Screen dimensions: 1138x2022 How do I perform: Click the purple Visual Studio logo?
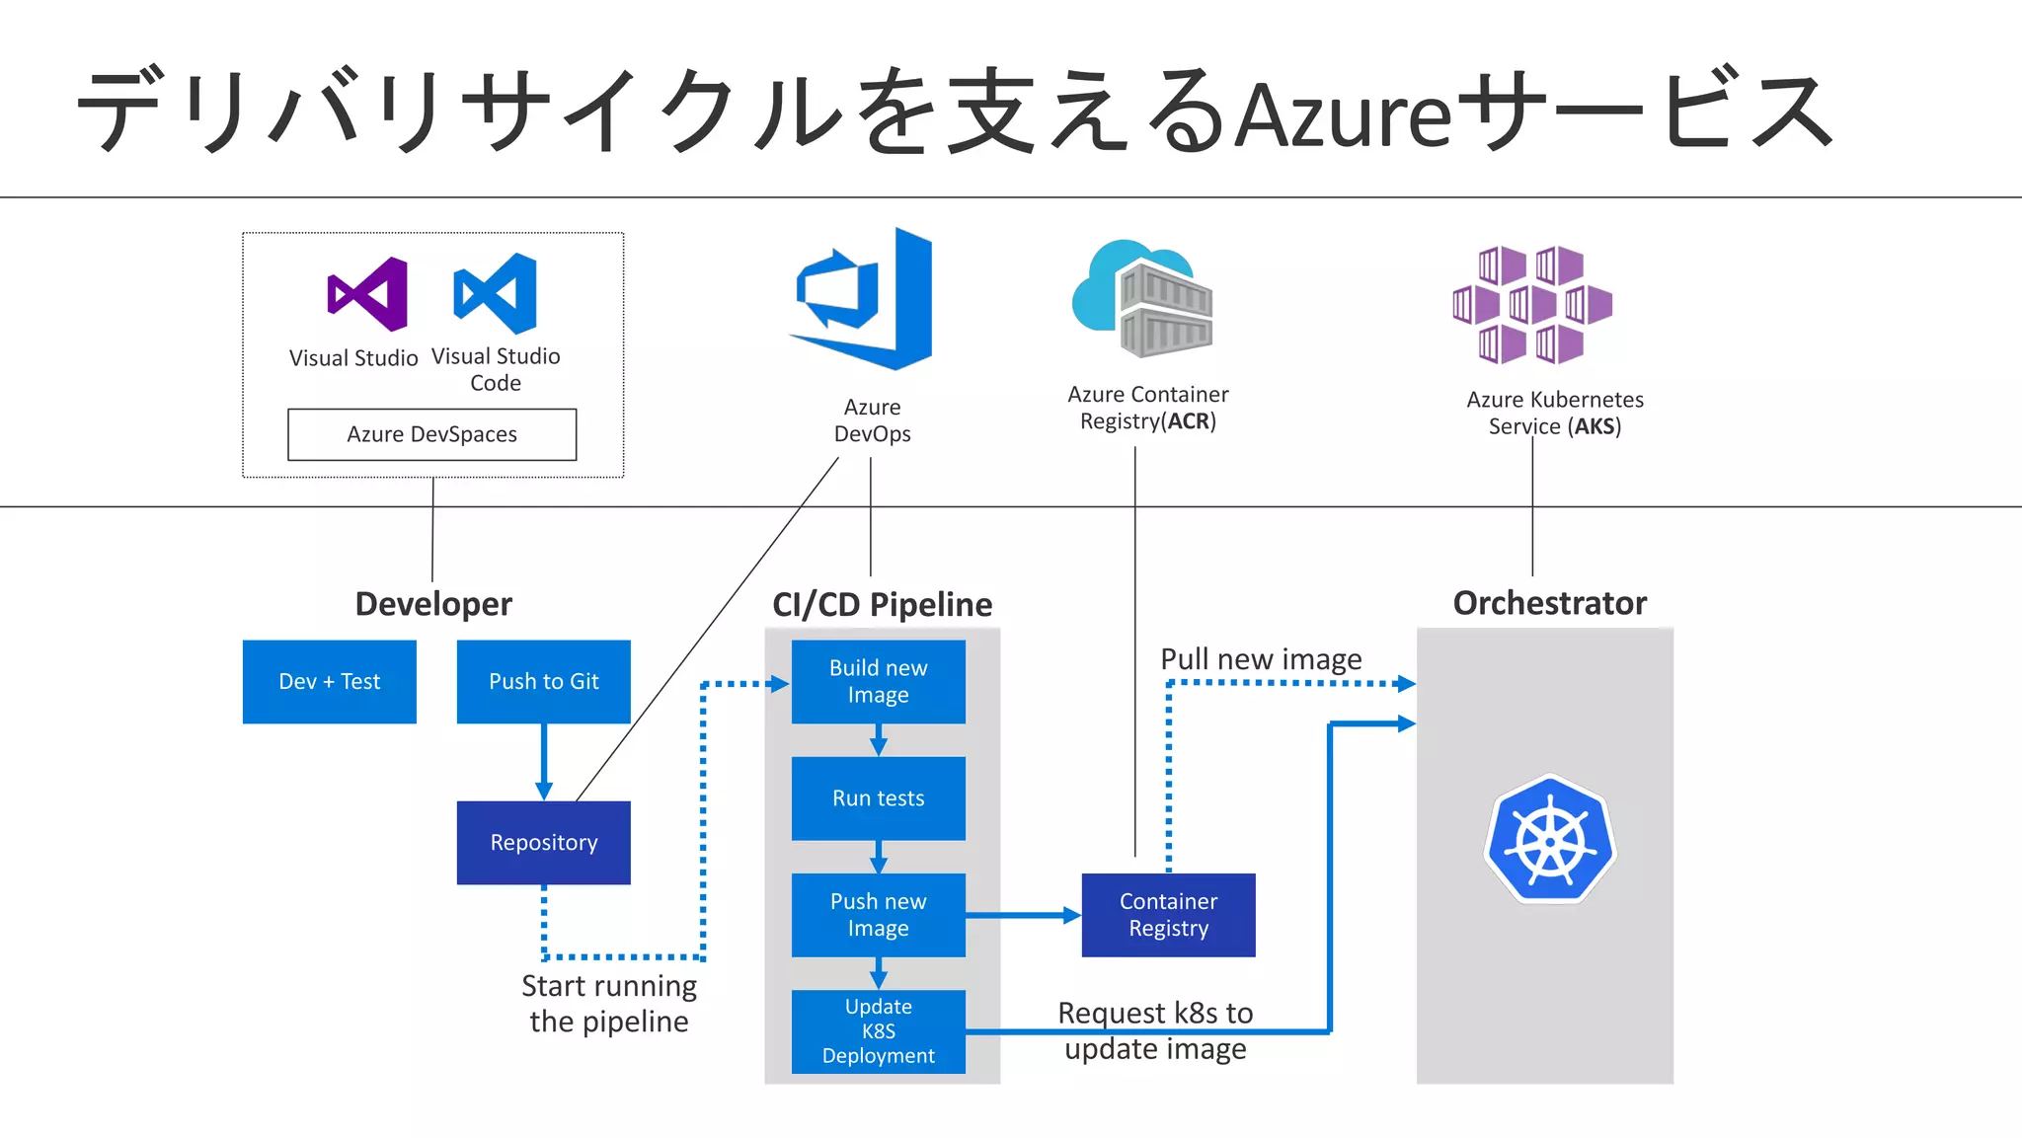[367, 294]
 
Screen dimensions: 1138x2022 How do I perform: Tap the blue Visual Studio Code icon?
[496, 293]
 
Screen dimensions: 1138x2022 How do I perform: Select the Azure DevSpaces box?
[431, 434]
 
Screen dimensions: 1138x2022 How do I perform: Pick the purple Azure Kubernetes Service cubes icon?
[1531, 304]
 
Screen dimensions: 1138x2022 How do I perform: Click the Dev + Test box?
[329, 682]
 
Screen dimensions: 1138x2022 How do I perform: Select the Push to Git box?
[543, 682]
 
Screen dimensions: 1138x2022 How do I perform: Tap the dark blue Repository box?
[543, 842]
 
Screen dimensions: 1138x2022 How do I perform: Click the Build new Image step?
[878, 682]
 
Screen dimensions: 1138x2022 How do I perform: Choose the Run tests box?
[878, 798]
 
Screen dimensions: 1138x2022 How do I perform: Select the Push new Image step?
[878, 915]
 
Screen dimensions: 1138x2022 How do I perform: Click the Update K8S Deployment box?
[878, 1031]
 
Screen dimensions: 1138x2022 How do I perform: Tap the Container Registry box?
[1168, 915]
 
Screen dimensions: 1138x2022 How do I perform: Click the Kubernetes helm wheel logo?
[1549, 840]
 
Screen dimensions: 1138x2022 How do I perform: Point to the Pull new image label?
[1261, 659]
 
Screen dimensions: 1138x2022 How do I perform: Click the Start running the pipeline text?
[609, 1004]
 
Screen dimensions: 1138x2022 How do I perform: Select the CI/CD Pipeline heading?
[882, 604]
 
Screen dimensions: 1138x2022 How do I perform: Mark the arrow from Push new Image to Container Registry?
[1023, 915]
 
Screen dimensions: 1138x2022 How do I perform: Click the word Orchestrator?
[1549, 603]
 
